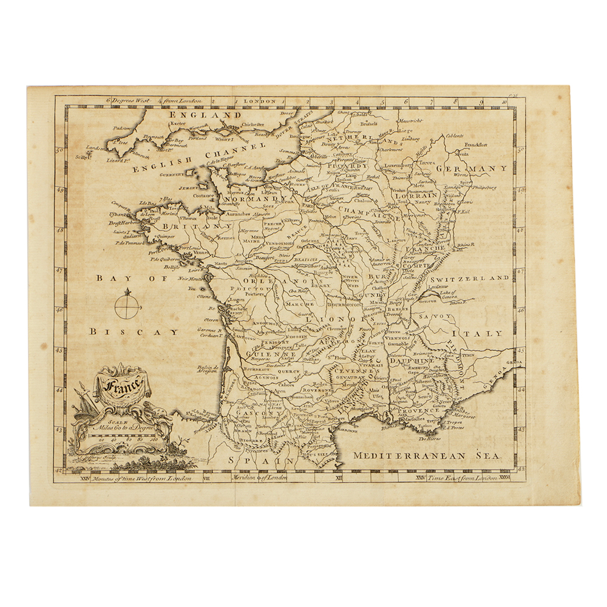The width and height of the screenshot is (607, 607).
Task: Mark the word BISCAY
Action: pyautogui.click(x=133, y=332)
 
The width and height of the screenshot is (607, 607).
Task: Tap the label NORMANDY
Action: pyautogui.click(x=255, y=198)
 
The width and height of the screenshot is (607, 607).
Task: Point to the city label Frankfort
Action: pyautogui.click(x=476, y=145)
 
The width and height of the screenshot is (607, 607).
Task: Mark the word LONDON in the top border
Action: pyautogui.click(x=260, y=102)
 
